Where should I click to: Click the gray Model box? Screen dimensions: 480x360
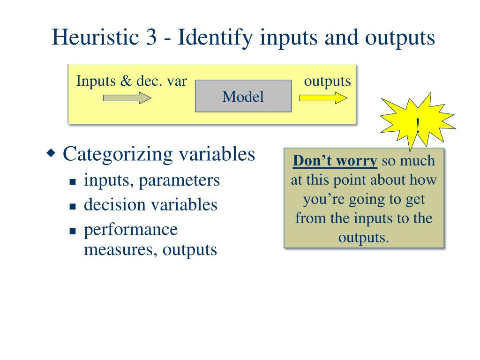tap(243, 96)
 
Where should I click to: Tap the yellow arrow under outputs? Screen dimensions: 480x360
tap(323, 97)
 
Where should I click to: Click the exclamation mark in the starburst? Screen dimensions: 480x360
tap(418, 125)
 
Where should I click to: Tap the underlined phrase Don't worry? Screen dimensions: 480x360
tap(335, 161)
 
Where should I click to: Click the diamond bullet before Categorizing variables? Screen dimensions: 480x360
tap(52, 153)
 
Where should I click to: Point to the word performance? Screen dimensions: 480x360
tap(131, 230)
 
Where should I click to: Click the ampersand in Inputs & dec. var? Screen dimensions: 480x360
tap(125, 81)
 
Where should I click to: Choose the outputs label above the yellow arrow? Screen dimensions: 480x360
tap(327, 81)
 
